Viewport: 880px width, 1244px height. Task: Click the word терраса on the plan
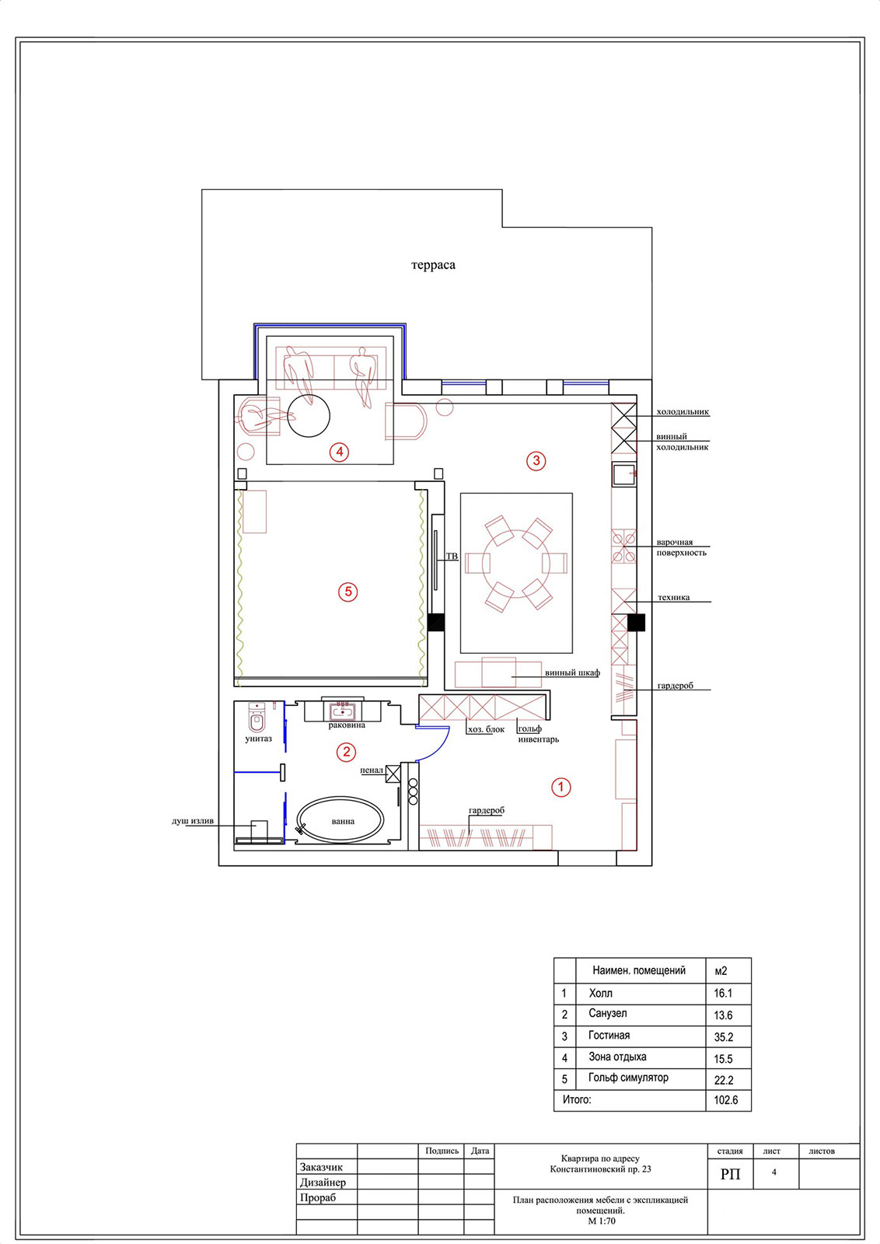(x=433, y=265)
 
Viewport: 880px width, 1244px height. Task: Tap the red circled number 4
(x=339, y=452)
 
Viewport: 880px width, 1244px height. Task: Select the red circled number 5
(x=348, y=592)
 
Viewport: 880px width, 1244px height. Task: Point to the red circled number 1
(x=560, y=787)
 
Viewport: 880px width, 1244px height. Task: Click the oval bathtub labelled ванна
(x=340, y=820)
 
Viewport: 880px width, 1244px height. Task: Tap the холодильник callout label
(x=683, y=412)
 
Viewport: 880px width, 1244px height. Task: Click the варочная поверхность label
(x=682, y=547)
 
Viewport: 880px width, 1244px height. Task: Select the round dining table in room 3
(x=515, y=564)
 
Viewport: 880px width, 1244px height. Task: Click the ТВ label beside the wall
(x=452, y=556)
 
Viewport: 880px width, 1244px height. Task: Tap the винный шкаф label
(x=572, y=673)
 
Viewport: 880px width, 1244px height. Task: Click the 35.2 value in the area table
(x=724, y=1037)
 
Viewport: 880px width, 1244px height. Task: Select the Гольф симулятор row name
(x=628, y=1078)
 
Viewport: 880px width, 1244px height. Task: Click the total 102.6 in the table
(x=725, y=1099)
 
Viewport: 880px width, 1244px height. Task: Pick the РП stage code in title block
(x=730, y=1174)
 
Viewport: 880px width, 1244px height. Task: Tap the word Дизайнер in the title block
(x=323, y=1183)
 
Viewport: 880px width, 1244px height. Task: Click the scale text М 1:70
(x=602, y=1221)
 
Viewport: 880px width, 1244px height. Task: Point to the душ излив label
(x=193, y=821)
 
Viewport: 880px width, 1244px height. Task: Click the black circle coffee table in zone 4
(x=309, y=415)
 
